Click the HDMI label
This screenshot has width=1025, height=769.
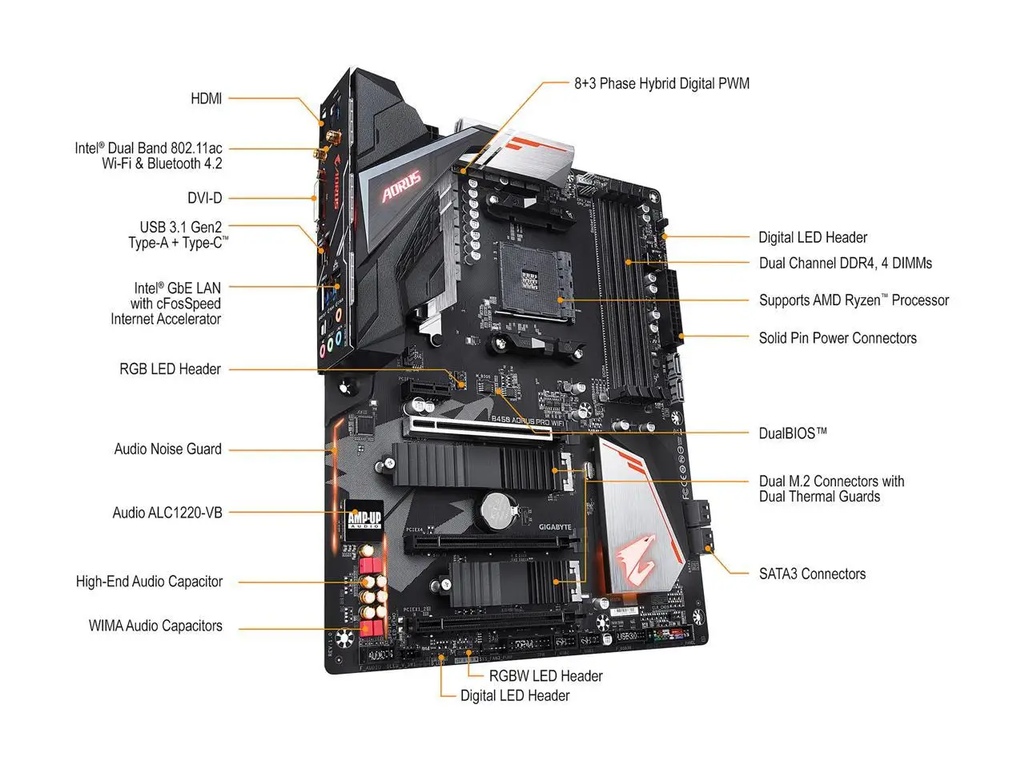pos(206,99)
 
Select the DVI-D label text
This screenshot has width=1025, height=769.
pos(205,198)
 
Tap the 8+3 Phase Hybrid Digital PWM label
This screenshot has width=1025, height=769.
pos(661,83)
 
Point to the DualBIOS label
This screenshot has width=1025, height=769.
pos(792,433)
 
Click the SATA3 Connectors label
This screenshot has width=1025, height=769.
pos(812,574)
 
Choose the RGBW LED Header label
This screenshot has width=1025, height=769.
pos(545,676)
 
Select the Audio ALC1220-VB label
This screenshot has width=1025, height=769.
pos(167,513)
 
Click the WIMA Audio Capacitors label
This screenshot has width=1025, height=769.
pos(155,626)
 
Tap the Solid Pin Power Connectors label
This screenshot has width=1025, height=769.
pos(838,338)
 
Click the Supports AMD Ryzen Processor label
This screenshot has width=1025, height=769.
pos(854,300)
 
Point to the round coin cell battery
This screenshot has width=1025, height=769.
pos(496,509)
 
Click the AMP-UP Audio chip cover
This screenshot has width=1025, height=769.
pos(364,519)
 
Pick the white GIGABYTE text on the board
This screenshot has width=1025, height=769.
pos(555,526)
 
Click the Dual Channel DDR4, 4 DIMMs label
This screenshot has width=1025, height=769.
pos(845,263)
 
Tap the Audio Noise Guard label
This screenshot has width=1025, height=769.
pos(168,449)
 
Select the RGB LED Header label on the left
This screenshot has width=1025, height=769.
pos(170,369)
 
